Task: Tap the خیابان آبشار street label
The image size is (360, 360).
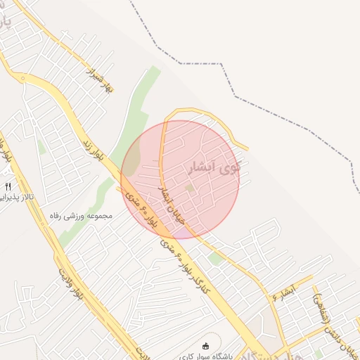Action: point(173,205)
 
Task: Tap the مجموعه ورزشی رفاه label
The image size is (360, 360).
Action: point(82,215)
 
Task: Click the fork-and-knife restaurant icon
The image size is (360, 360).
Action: point(8,186)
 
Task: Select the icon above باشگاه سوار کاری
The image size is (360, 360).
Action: point(206,345)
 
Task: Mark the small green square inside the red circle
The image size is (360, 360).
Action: point(189,188)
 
